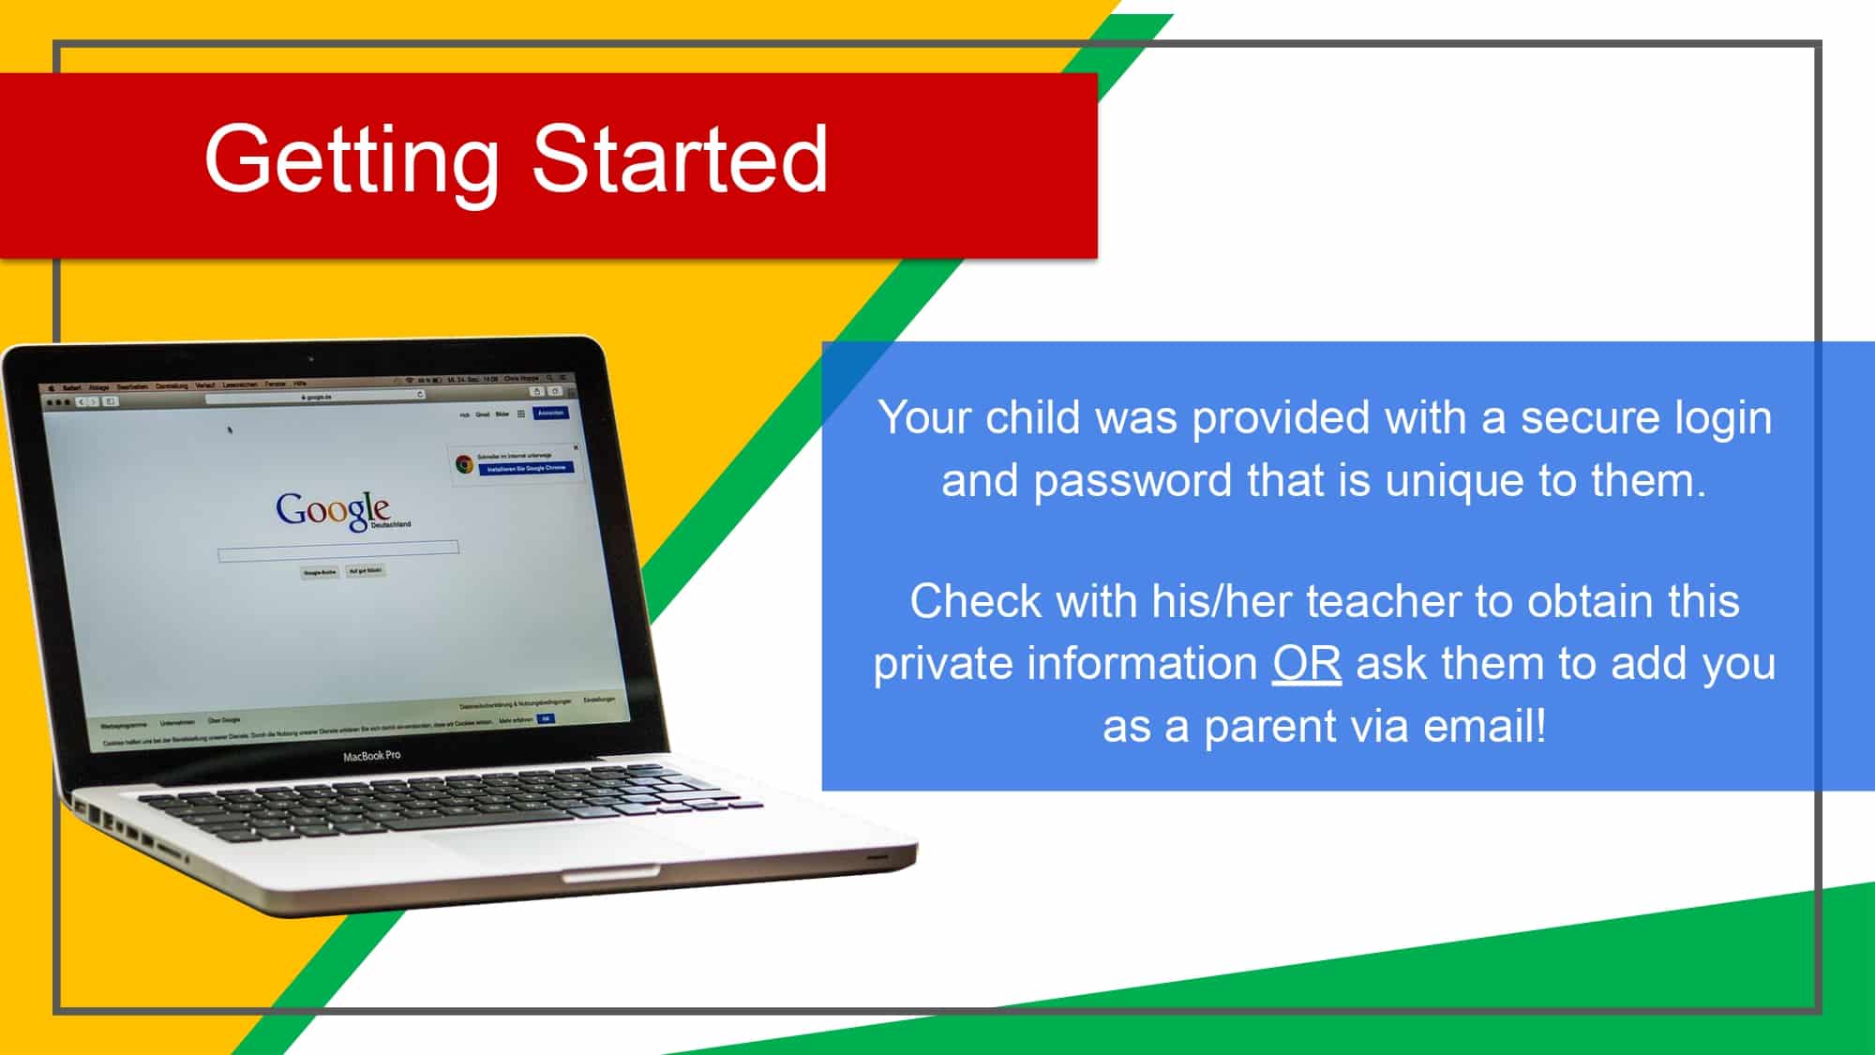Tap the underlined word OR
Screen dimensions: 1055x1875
click(1306, 664)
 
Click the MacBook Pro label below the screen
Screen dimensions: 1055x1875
click(371, 756)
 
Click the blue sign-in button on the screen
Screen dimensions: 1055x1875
click(550, 413)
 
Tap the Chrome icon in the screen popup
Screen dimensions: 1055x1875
click(464, 463)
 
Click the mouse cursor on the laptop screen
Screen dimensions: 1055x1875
click(230, 430)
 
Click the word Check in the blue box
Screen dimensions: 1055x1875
click(975, 601)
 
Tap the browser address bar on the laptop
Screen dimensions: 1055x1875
click(315, 397)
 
